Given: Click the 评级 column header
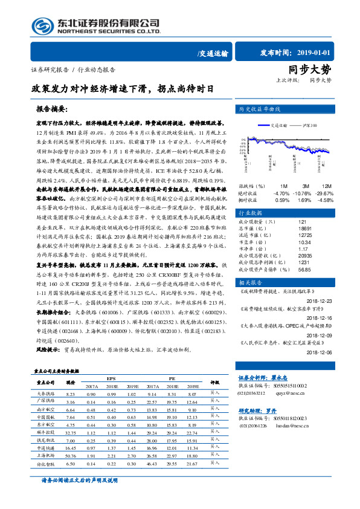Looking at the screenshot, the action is pyautogui.click(x=214, y=382).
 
